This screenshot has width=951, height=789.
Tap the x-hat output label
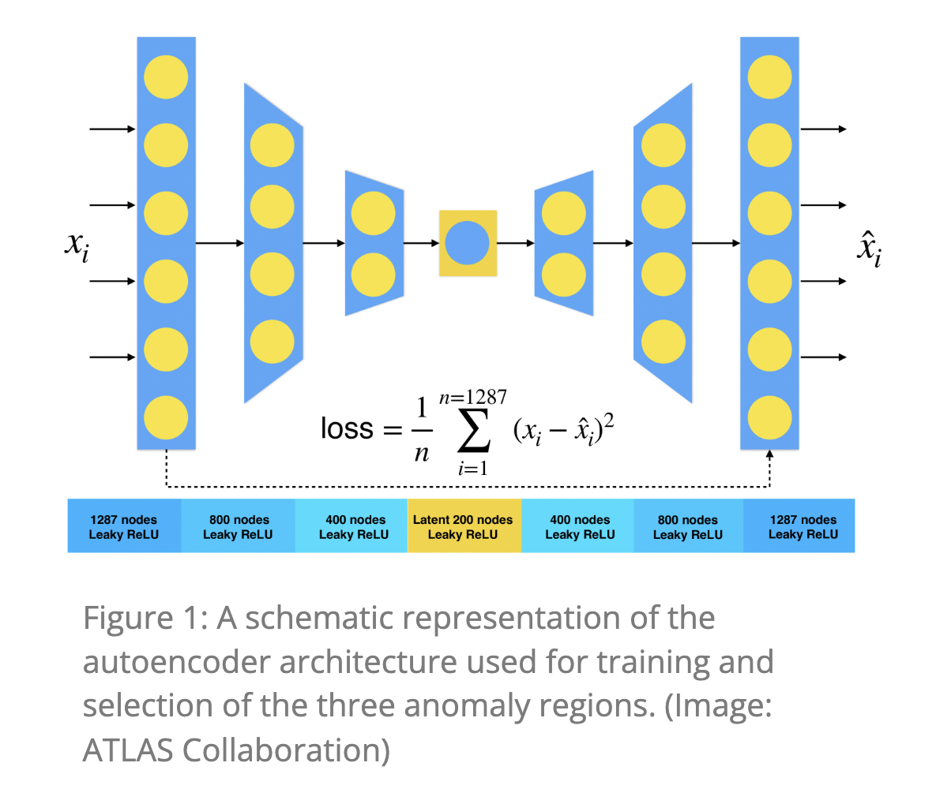click(x=869, y=249)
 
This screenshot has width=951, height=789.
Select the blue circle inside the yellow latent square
click(x=468, y=243)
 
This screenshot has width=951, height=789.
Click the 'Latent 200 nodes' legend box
click(x=464, y=526)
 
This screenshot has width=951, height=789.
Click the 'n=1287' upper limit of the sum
click(x=474, y=396)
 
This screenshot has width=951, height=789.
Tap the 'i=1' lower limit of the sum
click(x=472, y=468)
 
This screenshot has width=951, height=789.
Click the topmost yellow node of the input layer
click(x=166, y=77)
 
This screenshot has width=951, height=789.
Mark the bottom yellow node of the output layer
click(x=770, y=417)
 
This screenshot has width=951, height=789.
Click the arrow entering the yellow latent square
click(x=422, y=243)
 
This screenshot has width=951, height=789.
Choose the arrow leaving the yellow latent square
click(x=516, y=243)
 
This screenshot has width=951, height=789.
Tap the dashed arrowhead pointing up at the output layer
click(x=770, y=455)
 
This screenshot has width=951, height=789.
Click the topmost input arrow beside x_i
click(x=113, y=129)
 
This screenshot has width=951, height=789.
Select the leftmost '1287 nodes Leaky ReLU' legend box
click(x=124, y=526)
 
